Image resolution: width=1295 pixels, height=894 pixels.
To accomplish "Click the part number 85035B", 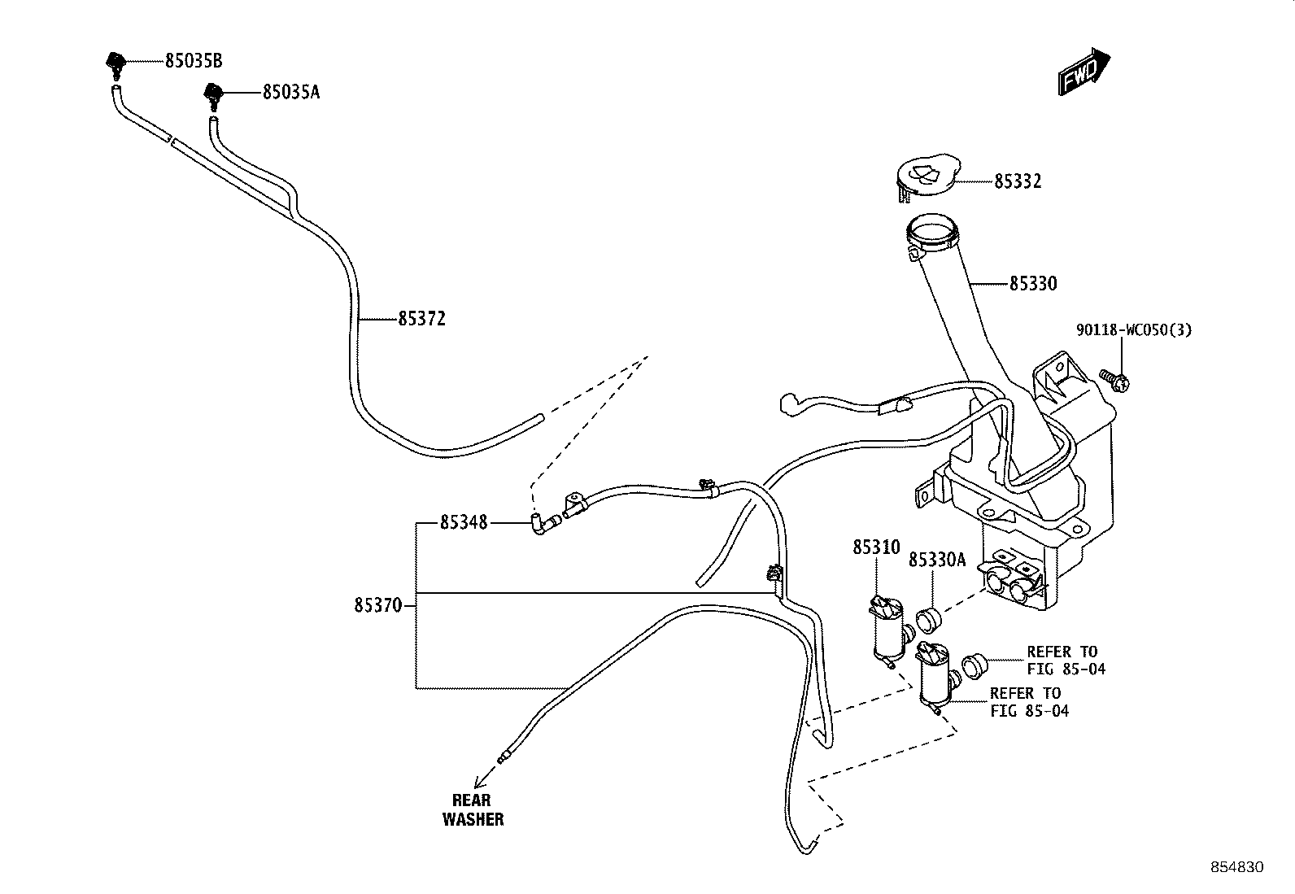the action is point(194,61).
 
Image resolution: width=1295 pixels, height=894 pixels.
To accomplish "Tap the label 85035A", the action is point(291,92).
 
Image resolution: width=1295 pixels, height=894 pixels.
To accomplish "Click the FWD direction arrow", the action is point(1084,72).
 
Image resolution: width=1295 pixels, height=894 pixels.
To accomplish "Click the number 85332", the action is point(1018,181).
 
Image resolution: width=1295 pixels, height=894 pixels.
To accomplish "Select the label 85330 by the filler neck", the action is point(1033,284).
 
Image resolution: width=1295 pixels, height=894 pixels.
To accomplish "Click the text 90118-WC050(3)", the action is point(1134,330).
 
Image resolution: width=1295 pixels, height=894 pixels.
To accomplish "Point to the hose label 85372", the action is point(422,319).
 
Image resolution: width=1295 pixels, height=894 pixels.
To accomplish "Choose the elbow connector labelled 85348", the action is point(545,524).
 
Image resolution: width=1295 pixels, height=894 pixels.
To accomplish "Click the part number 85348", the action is point(464,523).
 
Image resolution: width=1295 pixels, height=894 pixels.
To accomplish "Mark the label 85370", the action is point(378,605).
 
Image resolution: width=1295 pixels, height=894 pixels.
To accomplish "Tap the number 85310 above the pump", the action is point(876,547).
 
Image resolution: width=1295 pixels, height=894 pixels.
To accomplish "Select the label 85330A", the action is point(937,560).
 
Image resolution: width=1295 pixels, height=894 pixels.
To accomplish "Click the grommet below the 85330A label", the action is point(929,621).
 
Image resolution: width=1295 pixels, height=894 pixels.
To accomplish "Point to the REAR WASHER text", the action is point(473,809).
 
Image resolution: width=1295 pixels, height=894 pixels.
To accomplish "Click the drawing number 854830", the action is point(1237,867).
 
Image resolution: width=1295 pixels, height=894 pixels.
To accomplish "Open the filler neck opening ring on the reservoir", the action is point(931,236).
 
